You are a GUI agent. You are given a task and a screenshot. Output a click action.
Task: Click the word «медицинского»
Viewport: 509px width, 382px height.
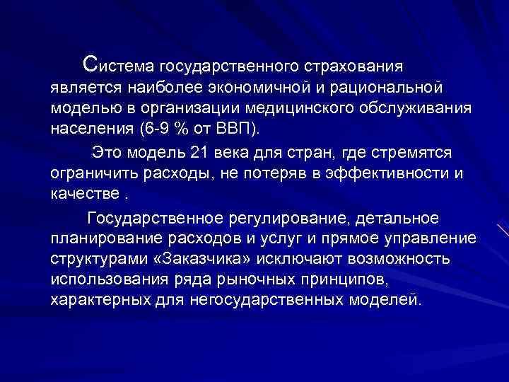coord(299,110)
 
